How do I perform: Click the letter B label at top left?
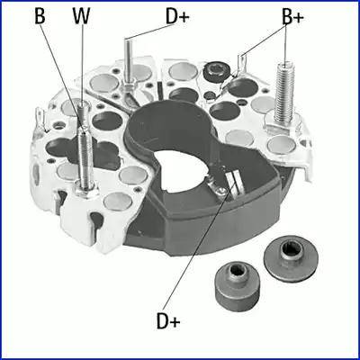point(39,15)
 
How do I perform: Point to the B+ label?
point(292,15)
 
